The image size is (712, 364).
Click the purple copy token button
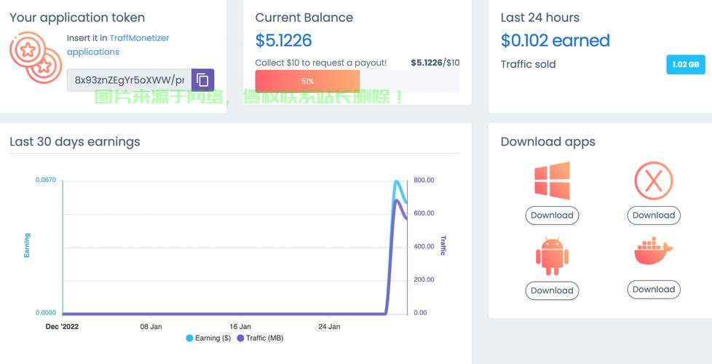pos(202,80)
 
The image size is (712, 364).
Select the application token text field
pos(130,80)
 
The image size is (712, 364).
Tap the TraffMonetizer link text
pos(139,38)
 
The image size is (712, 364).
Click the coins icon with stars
pos(36,58)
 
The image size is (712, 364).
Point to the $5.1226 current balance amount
pos(283,40)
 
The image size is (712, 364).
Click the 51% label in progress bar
pos(307,82)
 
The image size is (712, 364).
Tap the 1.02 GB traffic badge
pos(686,65)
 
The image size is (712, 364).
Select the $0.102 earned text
pos(555,40)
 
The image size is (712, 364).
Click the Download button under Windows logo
pos(552,215)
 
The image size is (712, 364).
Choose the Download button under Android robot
pos(552,290)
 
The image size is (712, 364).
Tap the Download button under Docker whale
pos(654,290)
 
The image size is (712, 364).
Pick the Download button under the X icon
pos(654,215)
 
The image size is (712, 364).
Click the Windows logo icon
pos(552,181)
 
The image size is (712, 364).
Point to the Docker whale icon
pos(654,250)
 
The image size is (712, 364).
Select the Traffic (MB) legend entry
pos(260,338)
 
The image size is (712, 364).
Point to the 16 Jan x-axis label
pos(240,327)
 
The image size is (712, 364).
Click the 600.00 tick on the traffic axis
pos(424,213)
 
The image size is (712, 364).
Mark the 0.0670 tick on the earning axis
pos(46,181)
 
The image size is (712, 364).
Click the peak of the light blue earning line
pos(397,182)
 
